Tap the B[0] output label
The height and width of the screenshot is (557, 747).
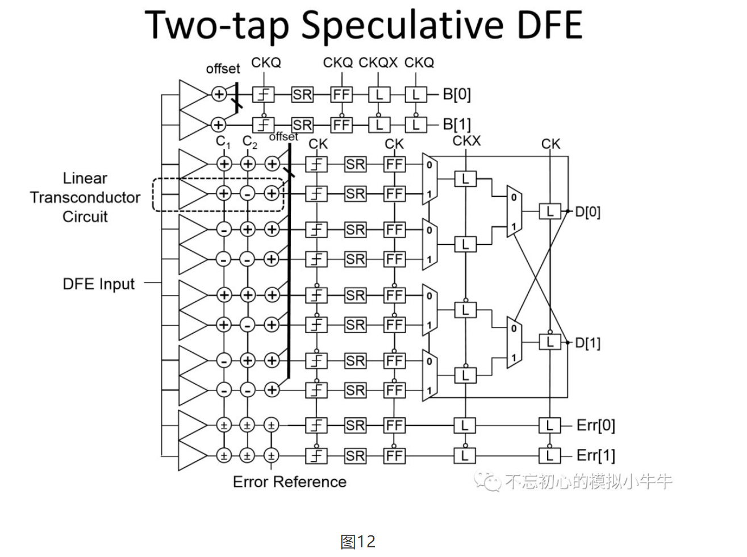tap(457, 94)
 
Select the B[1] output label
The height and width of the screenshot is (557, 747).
tap(457, 124)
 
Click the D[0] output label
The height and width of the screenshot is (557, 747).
tap(587, 212)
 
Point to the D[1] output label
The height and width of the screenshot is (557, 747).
tap(587, 343)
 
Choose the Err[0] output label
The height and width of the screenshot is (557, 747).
tap(595, 425)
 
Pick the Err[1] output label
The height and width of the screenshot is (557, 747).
tap(595, 455)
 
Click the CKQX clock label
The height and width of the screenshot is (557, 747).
tap(378, 63)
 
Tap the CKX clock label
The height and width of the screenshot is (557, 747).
tap(466, 140)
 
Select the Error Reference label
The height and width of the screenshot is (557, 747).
tap(289, 482)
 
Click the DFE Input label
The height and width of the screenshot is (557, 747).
tap(99, 284)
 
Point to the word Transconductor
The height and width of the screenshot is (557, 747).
tap(85, 197)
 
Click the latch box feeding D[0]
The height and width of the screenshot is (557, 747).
tap(549, 212)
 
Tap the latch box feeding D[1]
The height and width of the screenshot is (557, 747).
tap(549, 342)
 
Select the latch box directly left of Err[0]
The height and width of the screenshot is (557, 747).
tap(549, 425)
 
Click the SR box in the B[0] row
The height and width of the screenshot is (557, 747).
tap(302, 94)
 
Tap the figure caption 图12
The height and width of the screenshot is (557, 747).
tap(358, 542)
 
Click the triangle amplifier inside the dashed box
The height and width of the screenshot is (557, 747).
tap(192, 193)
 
